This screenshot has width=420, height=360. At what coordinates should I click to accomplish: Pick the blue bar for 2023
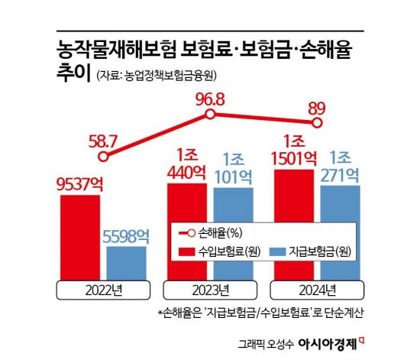(x=233, y=233)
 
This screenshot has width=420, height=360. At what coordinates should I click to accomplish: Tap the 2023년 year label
(x=210, y=290)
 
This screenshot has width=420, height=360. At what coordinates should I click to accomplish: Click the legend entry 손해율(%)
(x=213, y=233)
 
